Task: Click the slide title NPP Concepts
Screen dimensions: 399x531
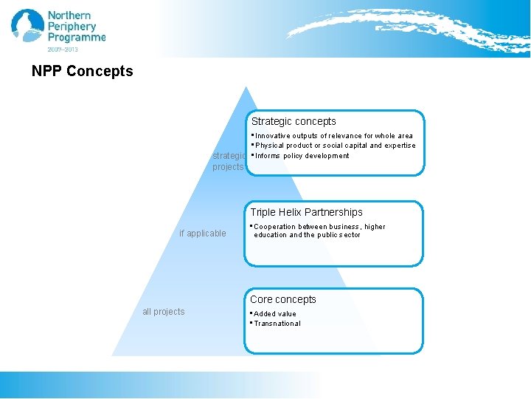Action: click(83, 72)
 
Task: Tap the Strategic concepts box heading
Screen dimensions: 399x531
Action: click(294, 121)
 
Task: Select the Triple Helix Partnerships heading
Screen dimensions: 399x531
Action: click(306, 212)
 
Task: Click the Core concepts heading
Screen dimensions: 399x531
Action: click(282, 299)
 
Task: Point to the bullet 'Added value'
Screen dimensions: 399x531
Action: click(274, 314)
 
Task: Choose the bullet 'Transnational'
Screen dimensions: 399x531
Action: click(277, 324)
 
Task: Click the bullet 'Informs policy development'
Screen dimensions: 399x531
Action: click(302, 156)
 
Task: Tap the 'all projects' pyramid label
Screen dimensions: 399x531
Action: click(164, 312)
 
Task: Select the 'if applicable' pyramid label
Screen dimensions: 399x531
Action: click(203, 233)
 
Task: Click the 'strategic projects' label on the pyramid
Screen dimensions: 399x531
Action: click(229, 161)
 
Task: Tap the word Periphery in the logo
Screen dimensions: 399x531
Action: click(72, 27)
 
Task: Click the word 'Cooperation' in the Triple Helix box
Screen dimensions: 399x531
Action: click(274, 227)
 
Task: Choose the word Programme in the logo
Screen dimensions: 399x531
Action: click(77, 38)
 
